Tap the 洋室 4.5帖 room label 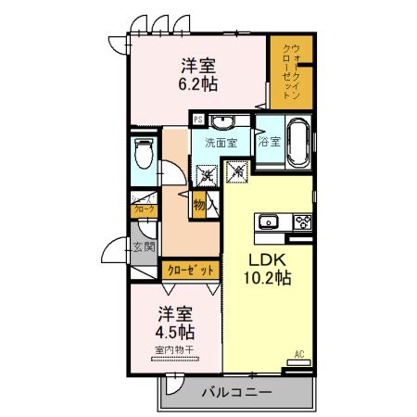click(x=175, y=322)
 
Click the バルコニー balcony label click(x=237, y=392)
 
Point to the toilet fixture click(x=144, y=152)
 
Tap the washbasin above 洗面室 click(x=222, y=124)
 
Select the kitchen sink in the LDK click(x=270, y=221)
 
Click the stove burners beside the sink click(x=304, y=221)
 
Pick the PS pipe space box click(x=198, y=119)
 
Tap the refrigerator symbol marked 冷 click(x=236, y=171)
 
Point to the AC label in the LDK click(x=299, y=354)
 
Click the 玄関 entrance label click(x=144, y=247)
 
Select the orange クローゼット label click(x=190, y=271)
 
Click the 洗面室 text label click(x=222, y=143)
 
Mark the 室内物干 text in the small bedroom click(x=175, y=349)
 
